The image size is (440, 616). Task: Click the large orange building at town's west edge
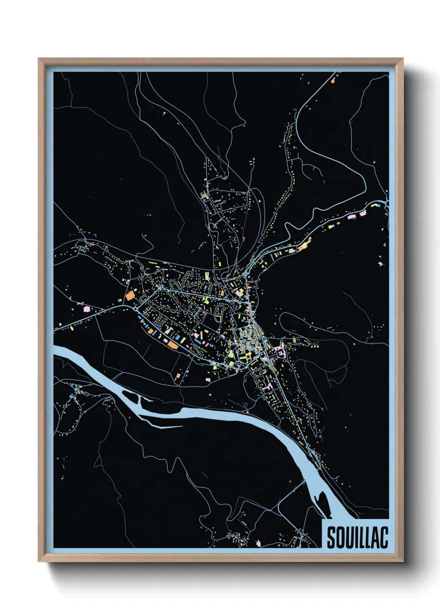pyautogui.click(x=131, y=295)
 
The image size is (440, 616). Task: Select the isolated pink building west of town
pyautogui.click(x=87, y=309)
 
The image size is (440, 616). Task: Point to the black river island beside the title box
pyautogui.click(x=321, y=498)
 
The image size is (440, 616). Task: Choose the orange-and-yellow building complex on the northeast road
pyautogui.click(x=304, y=246)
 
